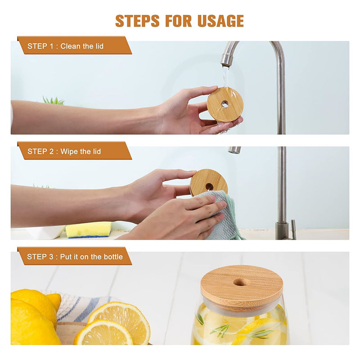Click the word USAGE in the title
tap(220, 21)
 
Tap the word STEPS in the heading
tap(137, 21)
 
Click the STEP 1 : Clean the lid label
tap(65, 46)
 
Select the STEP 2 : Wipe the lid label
tap(64, 152)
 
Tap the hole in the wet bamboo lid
tap(225, 104)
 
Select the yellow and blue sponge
tap(89, 229)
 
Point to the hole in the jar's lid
tap(240, 283)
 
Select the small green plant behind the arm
tap(53, 100)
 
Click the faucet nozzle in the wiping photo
tap(234, 150)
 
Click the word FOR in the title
tap(178, 21)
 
